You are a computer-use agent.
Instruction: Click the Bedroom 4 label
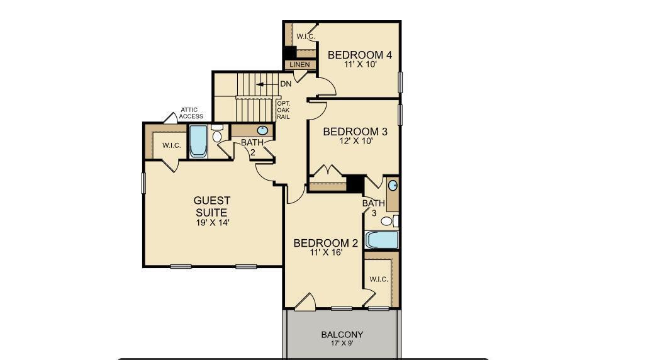359,55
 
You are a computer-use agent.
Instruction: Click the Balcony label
342,335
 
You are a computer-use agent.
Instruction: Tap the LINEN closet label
299,65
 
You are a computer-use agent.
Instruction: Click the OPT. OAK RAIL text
282,110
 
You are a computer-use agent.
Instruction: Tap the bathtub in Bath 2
198,142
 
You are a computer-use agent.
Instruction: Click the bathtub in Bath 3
382,240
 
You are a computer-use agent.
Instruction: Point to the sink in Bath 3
393,186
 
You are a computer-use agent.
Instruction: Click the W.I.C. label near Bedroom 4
305,37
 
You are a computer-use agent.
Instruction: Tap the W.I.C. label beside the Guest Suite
171,146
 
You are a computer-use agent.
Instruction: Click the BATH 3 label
372,208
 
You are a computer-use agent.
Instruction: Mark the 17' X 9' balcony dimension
342,344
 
